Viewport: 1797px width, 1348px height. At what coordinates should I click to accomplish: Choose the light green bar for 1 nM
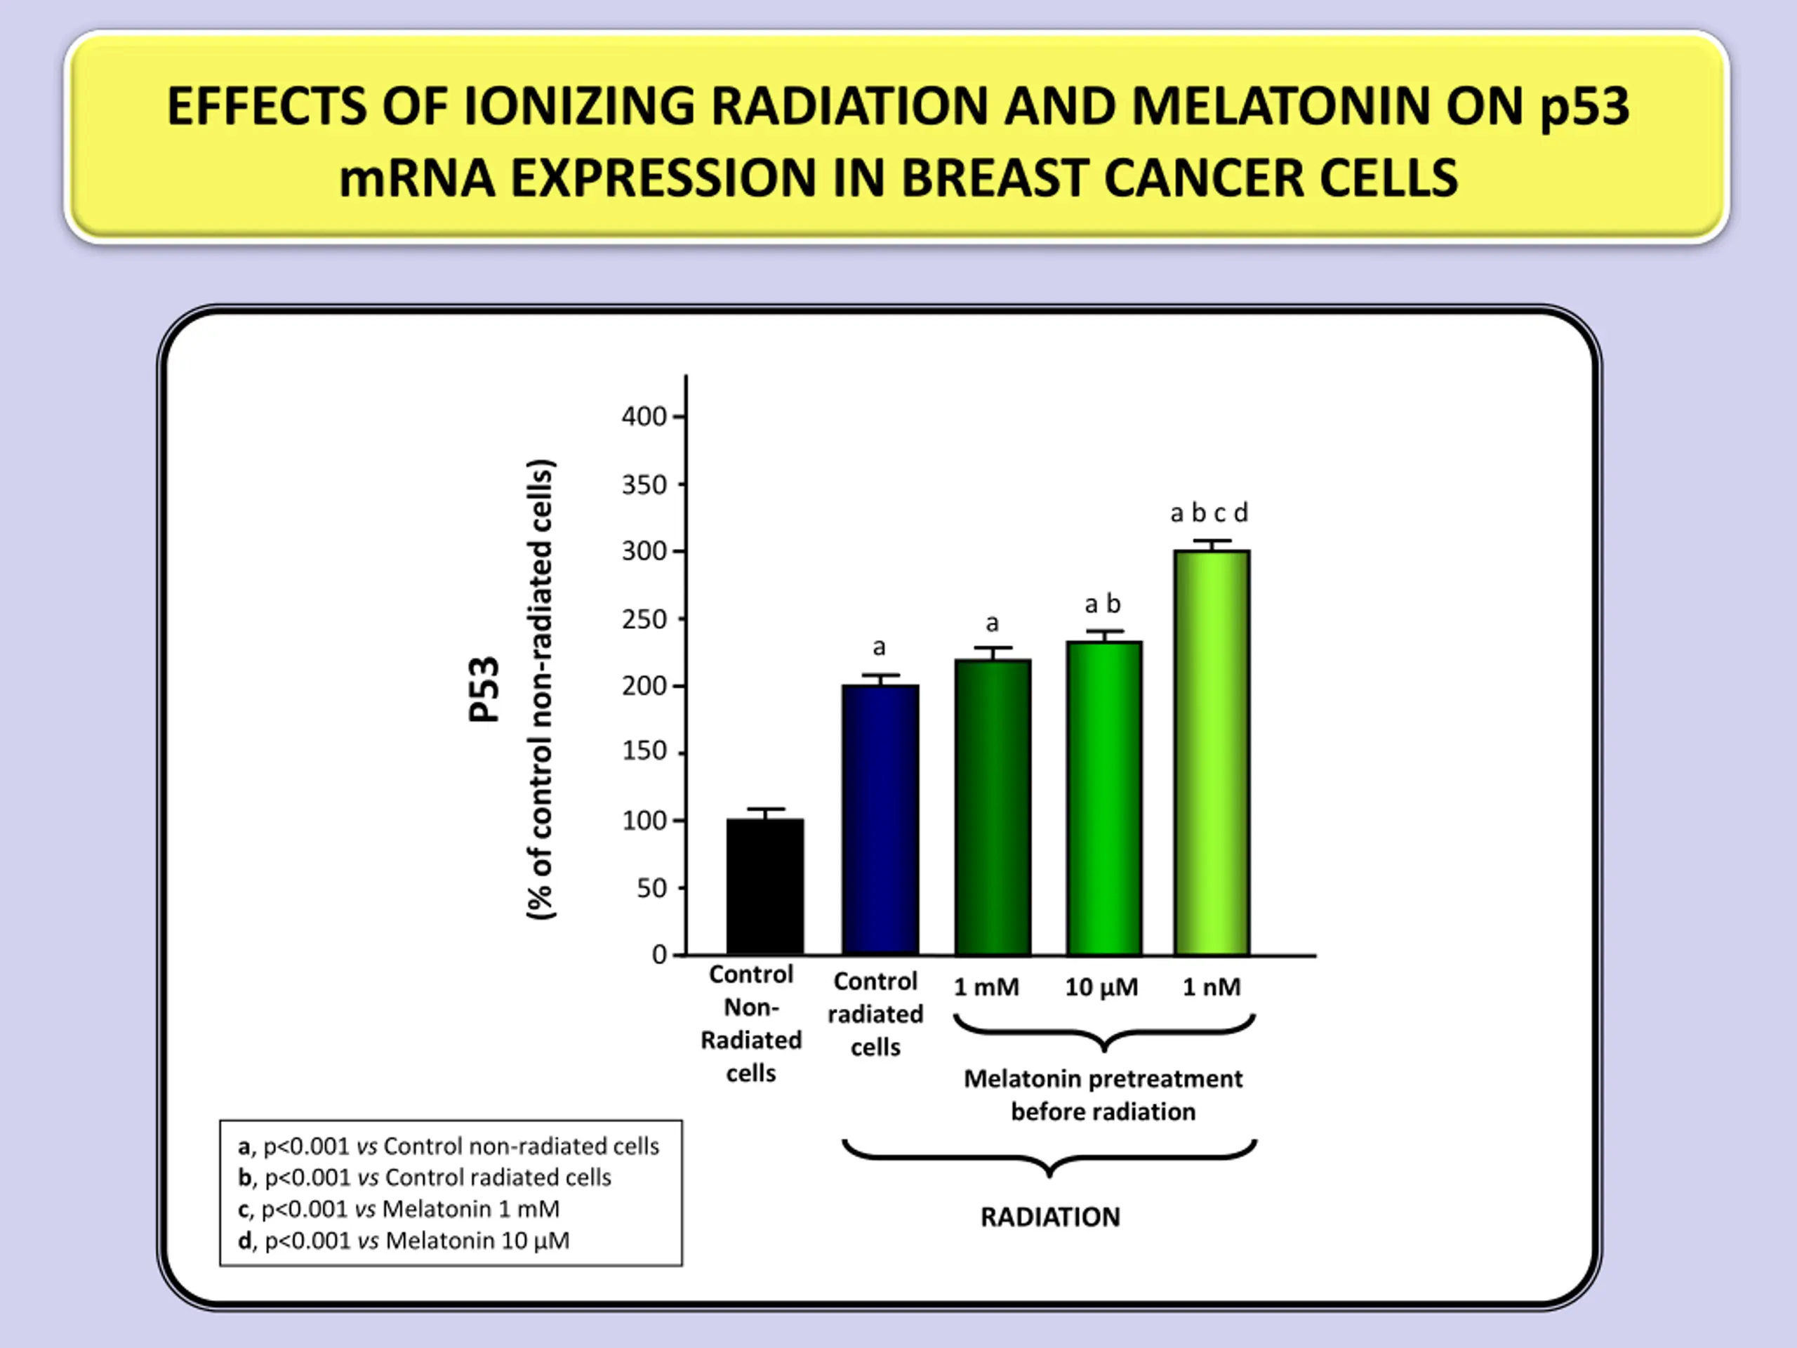click(x=1212, y=753)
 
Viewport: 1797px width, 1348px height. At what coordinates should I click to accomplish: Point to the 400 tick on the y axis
click(x=644, y=417)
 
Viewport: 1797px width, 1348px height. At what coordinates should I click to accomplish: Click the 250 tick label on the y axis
click(x=644, y=620)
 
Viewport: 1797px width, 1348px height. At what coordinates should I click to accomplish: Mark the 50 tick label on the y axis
click(x=651, y=888)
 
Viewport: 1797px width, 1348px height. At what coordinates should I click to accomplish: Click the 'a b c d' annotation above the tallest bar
click(x=1209, y=513)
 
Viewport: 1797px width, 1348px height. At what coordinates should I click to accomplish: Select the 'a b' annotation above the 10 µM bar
click(x=1102, y=604)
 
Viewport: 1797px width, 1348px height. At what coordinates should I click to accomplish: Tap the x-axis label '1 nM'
click(x=1212, y=986)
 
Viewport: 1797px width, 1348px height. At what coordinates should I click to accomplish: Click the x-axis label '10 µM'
click(x=1101, y=986)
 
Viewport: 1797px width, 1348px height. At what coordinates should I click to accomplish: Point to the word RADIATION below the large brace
click(x=1049, y=1217)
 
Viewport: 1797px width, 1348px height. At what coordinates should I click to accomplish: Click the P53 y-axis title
click(x=484, y=689)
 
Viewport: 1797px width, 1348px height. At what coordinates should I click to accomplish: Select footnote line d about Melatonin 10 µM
click(x=404, y=1241)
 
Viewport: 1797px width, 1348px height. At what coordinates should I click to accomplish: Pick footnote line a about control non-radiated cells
click(x=449, y=1146)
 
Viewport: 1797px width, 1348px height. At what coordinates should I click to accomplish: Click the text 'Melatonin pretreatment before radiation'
click(x=1102, y=1095)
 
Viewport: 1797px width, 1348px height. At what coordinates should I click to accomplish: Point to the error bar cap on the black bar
click(x=765, y=810)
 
